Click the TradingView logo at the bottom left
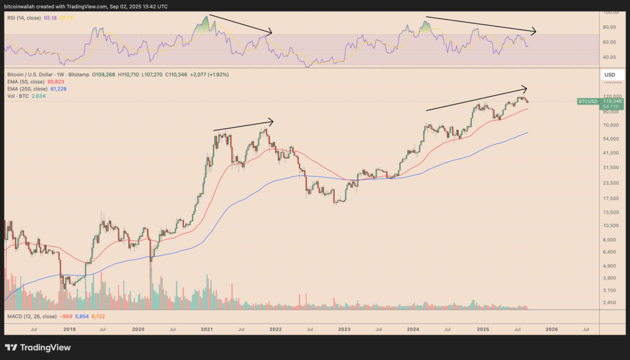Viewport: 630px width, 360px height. tap(38, 347)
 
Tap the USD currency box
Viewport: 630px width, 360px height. tap(610, 75)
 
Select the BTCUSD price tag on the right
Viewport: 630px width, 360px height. tap(588, 100)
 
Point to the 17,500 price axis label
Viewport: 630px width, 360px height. tap(612, 198)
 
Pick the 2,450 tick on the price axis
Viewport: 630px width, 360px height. tap(610, 302)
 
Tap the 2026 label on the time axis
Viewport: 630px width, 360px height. tap(552, 330)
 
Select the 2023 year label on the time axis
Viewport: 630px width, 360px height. tap(343, 330)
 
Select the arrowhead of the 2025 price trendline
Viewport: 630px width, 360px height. tap(526, 87)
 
